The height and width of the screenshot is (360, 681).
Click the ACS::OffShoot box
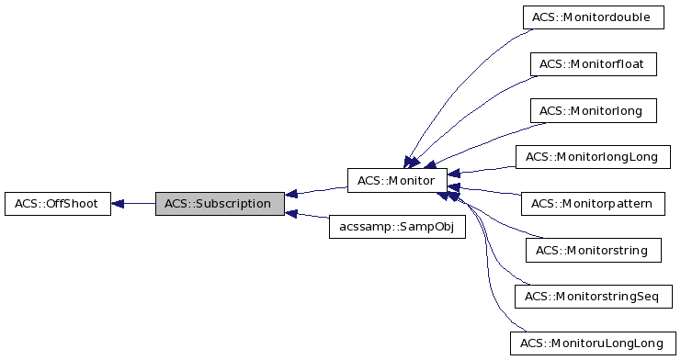click(57, 204)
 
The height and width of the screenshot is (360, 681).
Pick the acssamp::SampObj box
click(397, 227)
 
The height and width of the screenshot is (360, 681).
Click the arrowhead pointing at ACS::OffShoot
click(119, 204)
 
